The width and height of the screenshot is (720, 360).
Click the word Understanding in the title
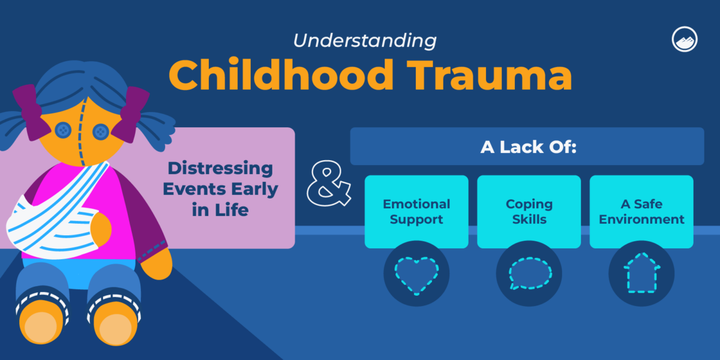[x=365, y=41]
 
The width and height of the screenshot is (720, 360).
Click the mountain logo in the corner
[x=683, y=39]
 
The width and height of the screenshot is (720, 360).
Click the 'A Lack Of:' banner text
[x=527, y=147]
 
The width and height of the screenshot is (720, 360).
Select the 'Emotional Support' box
[x=416, y=212]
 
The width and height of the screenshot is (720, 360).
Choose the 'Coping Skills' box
[x=529, y=212]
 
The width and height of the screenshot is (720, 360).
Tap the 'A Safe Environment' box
[x=641, y=212]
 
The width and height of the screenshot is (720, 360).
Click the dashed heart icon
[x=416, y=273]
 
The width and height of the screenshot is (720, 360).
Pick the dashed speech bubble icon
[x=529, y=273]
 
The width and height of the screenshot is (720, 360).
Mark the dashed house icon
[x=641, y=273]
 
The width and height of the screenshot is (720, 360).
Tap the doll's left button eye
[x=62, y=129]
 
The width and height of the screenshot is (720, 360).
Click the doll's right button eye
[x=100, y=130]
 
